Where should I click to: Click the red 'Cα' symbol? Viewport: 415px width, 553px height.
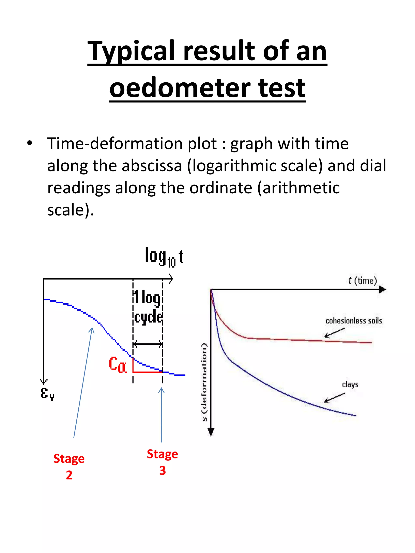click(x=118, y=364)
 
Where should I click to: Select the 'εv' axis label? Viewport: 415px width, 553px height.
click(x=47, y=393)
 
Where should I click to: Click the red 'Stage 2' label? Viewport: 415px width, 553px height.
click(x=69, y=467)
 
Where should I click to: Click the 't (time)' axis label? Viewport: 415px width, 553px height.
click(x=363, y=281)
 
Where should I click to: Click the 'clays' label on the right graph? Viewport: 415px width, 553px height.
click(x=350, y=384)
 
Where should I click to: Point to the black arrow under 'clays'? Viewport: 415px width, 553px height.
click(x=334, y=397)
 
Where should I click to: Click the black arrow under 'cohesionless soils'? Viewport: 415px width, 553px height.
click(x=334, y=333)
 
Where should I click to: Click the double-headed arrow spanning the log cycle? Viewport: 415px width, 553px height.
click(x=148, y=344)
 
